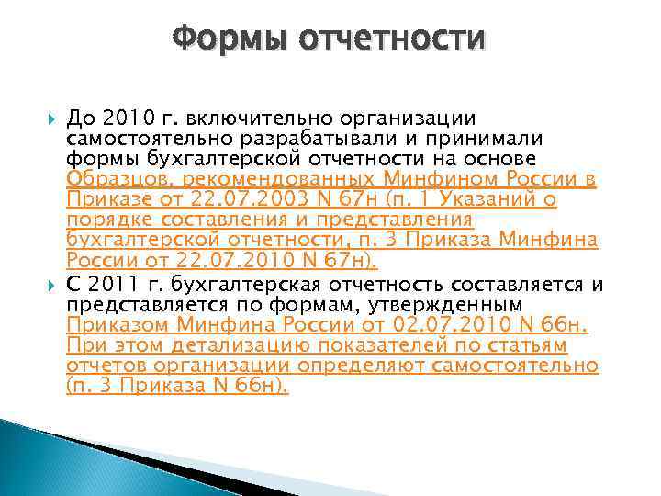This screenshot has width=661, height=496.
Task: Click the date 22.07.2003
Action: (241, 199)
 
